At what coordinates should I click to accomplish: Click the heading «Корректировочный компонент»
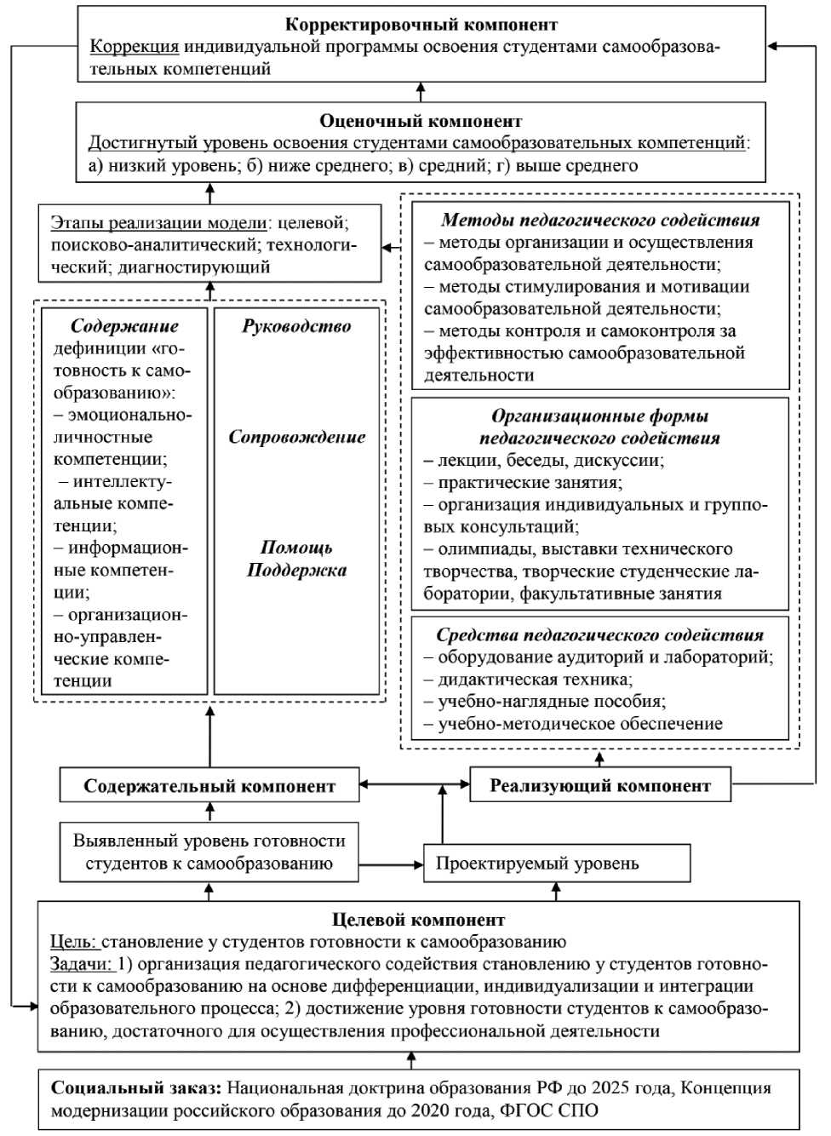click(x=421, y=25)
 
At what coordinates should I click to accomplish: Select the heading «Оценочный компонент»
click(x=421, y=121)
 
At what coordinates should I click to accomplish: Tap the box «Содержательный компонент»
click(x=209, y=785)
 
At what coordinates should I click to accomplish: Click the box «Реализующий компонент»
click(x=600, y=785)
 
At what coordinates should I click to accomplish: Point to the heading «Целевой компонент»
click(x=418, y=920)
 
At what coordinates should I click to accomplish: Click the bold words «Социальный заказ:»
click(x=136, y=1087)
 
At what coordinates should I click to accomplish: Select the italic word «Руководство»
click(x=296, y=326)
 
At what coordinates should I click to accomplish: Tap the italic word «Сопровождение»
click(x=296, y=437)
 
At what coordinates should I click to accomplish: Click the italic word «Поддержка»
click(x=296, y=570)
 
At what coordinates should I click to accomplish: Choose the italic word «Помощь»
click(x=296, y=548)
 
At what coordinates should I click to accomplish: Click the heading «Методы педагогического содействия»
click(x=600, y=220)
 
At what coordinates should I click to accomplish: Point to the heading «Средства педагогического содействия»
click(x=600, y=634)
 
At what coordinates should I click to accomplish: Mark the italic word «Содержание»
click(x=124, y=326)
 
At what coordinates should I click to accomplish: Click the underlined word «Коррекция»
click(x=135, y=47)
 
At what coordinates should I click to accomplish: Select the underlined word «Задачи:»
click(x=81, y=964)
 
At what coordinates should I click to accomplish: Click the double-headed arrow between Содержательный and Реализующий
click(x=414, y=784)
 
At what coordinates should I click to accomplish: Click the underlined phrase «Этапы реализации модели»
click(x=159, y=223)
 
